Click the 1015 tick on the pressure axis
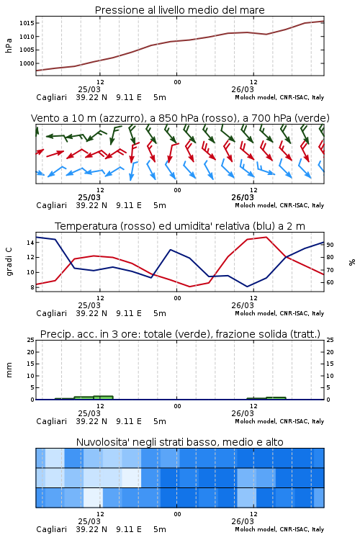27,23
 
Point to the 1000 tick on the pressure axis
27,63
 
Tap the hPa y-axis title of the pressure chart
9,45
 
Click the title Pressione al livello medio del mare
179,10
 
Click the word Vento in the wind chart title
44,118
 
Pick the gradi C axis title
9,262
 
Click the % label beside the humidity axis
352,262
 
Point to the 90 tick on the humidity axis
330,245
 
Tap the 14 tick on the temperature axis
30,243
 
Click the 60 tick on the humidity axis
330,282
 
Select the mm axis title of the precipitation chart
9,370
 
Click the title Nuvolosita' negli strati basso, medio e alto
179,442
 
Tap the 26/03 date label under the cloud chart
243,521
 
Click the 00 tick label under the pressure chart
177,82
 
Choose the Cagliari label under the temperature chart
51,313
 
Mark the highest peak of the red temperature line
266,237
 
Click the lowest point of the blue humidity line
247,287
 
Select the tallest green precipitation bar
104,397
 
